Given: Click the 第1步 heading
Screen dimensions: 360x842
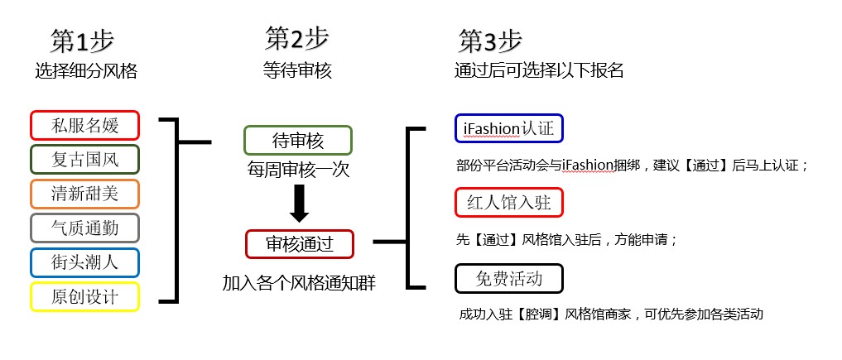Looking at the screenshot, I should pyautogui.click(x=82, y=41).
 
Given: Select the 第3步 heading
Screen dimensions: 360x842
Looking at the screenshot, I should pyautogui.click(x=490, y=41).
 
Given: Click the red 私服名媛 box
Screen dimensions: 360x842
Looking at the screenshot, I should pyautogui.click(x=84, y=126).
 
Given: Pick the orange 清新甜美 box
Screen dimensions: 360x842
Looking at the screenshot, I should pyautogui.click(x=84, y=194).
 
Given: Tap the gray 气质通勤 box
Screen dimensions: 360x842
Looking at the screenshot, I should pyautogui.click(x=84, y=228).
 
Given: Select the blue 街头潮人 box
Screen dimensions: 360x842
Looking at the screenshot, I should pyautogui.click(x=84, y=262).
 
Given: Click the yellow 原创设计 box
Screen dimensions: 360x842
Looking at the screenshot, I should pyautogui.click(x=84, y=296).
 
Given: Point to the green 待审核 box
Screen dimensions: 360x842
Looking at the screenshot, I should pyautogui.click(x=297, y=140).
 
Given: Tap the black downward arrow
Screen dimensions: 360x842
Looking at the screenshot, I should pyautogui.click(x=300, y=204).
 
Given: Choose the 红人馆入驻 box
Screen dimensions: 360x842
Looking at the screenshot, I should pyautogui.click(x=509, y=202).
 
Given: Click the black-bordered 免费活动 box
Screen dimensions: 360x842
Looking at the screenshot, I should pyautogui.click(x=509, y=278).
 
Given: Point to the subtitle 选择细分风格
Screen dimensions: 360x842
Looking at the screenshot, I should pyautogui.click(x=85, y=71).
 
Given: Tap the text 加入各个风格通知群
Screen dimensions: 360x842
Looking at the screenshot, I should pyautogui.click(x=299, y=282).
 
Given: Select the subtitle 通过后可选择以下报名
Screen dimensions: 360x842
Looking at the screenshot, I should pyautogui.click(x=538, y=71).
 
